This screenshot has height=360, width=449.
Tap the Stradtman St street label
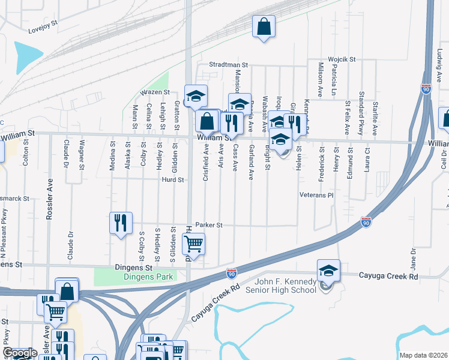point(228,64)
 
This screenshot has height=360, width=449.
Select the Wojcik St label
point(342,59)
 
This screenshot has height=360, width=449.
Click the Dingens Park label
point(148,277)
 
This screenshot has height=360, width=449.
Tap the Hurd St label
point(171,179)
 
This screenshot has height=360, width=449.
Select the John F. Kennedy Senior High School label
point(286,286)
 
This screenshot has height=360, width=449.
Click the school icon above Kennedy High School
point(328,271)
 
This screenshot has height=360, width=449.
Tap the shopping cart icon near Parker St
point(194,244)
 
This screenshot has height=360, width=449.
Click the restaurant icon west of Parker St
point(120,223)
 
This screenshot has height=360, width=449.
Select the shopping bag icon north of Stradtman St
point(264,26)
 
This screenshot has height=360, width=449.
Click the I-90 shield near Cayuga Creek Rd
point(232,274)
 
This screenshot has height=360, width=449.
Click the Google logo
point(20,353)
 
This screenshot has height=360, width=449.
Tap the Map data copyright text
point(423,355)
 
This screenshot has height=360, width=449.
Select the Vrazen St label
point(155,92)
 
